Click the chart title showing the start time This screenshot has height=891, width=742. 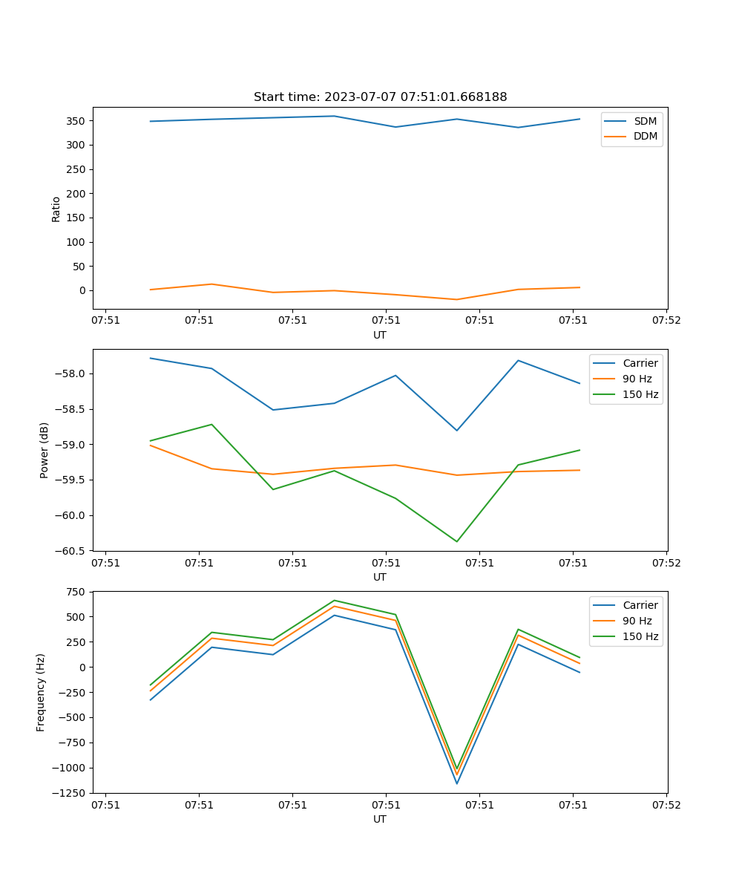[x=380, y=97]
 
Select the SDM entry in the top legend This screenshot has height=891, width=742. [x=645, y=120]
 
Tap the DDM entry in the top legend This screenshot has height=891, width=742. [x=645, y=136]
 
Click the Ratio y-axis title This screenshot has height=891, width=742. [x=56, y=209]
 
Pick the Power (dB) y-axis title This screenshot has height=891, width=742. [x=45, y=450]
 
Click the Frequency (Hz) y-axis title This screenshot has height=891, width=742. [x=41, y=692]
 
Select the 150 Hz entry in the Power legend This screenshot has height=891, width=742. [x=640, y=394]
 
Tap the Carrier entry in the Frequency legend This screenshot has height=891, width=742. [x=640, y=605]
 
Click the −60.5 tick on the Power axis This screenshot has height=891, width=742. [x=73, y=551]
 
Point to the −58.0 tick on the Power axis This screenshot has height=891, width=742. [x=73, y=373]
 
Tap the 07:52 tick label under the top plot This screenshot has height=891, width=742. [x=666, y=321]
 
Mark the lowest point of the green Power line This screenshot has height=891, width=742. [x=457, y=541]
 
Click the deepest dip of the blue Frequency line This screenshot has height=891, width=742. [x=457, y=783]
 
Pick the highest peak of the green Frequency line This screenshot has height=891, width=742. [x=334, y=600]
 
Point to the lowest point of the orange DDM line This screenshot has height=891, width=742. [x=457, y=299]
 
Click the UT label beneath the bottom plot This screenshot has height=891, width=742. [x=380, y=819]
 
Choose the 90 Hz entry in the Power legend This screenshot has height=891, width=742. [x=637, y=379]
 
